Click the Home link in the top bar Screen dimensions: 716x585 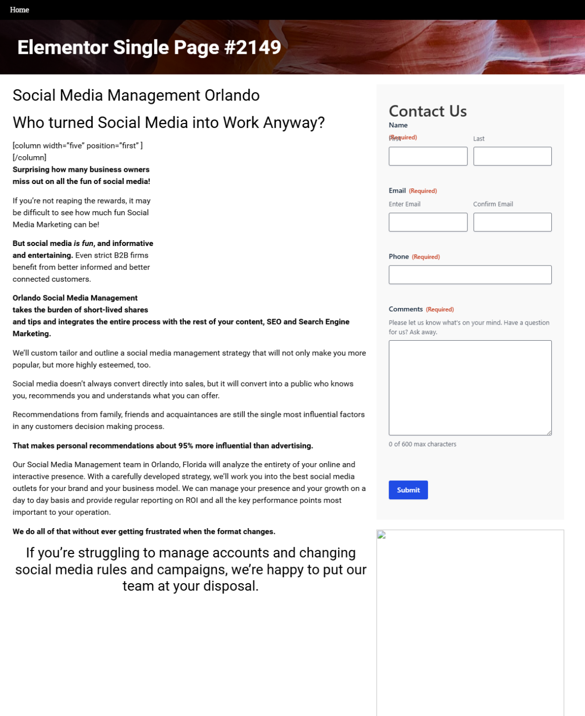click(x=19, y=10)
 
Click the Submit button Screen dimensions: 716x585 click(x=408, y=490)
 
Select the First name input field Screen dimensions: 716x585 click(x=428, y=156)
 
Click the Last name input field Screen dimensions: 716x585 click(x=512, y=156)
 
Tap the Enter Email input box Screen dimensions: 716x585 click(x=428, y=222)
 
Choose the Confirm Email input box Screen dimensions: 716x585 click(x=512, y=222)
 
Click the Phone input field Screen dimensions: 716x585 click(x=470, y=275)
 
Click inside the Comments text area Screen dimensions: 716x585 click(x=470, y=388)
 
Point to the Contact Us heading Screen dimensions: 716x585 click(x=428, y=111)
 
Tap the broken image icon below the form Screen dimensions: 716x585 click(x=382, y=535)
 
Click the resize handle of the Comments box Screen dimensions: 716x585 click(x=549, y=432)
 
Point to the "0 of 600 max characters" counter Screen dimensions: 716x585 click(x=422, y=444)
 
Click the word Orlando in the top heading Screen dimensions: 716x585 click(x=232, y=95)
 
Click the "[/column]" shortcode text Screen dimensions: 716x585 click(x=29, y=158)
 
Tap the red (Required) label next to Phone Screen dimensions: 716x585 click(x=426, y=257)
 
